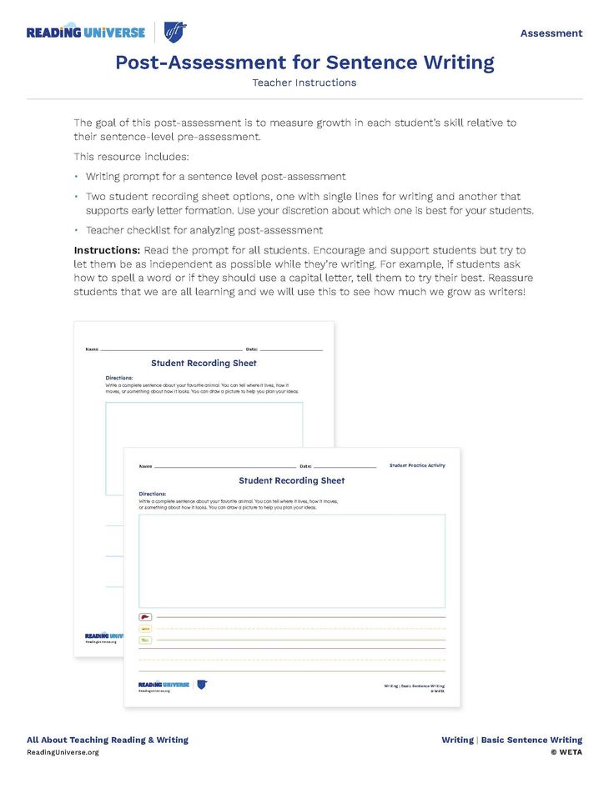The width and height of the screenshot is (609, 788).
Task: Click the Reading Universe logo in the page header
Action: tap(86, 33)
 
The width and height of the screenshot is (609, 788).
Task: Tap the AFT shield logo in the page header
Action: tap(175, 33)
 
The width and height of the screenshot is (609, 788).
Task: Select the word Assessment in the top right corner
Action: tap(551, 33)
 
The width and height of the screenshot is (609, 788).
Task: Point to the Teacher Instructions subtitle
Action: tap(304, 83)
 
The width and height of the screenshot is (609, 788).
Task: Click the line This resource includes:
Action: tap(131, 156)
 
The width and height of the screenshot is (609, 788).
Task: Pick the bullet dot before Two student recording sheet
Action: tap(76, 197)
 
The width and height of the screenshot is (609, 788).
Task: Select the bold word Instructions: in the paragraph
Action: tap(107, 250)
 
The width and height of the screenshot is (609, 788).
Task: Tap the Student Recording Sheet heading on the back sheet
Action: tap(204, 364)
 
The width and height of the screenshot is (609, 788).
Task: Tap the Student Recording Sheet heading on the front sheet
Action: tap(292, 481)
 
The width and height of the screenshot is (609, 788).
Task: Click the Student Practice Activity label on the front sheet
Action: tap(417, 465)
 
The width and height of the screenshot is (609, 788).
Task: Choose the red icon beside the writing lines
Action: tap(145, 617)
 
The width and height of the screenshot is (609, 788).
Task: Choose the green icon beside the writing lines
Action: tap(145, 640)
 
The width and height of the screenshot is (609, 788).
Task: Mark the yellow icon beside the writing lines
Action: tap(145, 629)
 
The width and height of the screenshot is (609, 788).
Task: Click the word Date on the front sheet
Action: tap(304, 466)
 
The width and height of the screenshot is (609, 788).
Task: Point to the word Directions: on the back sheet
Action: tap(118, 378)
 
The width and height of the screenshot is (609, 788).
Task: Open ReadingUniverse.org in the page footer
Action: tap(63, 752)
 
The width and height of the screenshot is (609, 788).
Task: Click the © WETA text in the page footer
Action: tap(566, 752)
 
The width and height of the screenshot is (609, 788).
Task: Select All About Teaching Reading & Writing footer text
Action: tap(108, 740)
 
